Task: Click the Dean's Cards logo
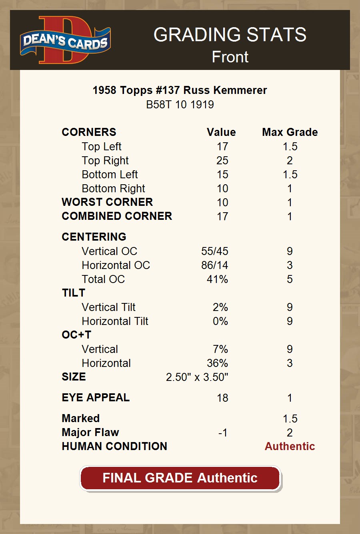coord(65,40)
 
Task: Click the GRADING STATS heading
coord(230,35)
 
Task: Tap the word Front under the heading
coord(230,57)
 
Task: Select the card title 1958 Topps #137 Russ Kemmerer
coord(180,90)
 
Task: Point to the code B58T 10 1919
coord(180,105)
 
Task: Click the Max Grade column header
coord(290,132)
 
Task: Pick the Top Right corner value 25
coord(222,161)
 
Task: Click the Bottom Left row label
coord(110,175)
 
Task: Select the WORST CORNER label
coord(107,202)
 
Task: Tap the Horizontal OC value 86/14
coord(215,265)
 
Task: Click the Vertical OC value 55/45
coord(215,251)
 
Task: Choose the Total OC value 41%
coord(217,279)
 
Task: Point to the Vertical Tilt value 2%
coord(220,307)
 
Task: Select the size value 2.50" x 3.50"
coord(197,377)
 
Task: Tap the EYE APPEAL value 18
coord(222,398)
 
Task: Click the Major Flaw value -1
coord(223,433)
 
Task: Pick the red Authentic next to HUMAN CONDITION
coord(290,446)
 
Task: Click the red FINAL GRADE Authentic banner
coord(180,478)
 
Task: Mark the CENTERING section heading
coord(94,237)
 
